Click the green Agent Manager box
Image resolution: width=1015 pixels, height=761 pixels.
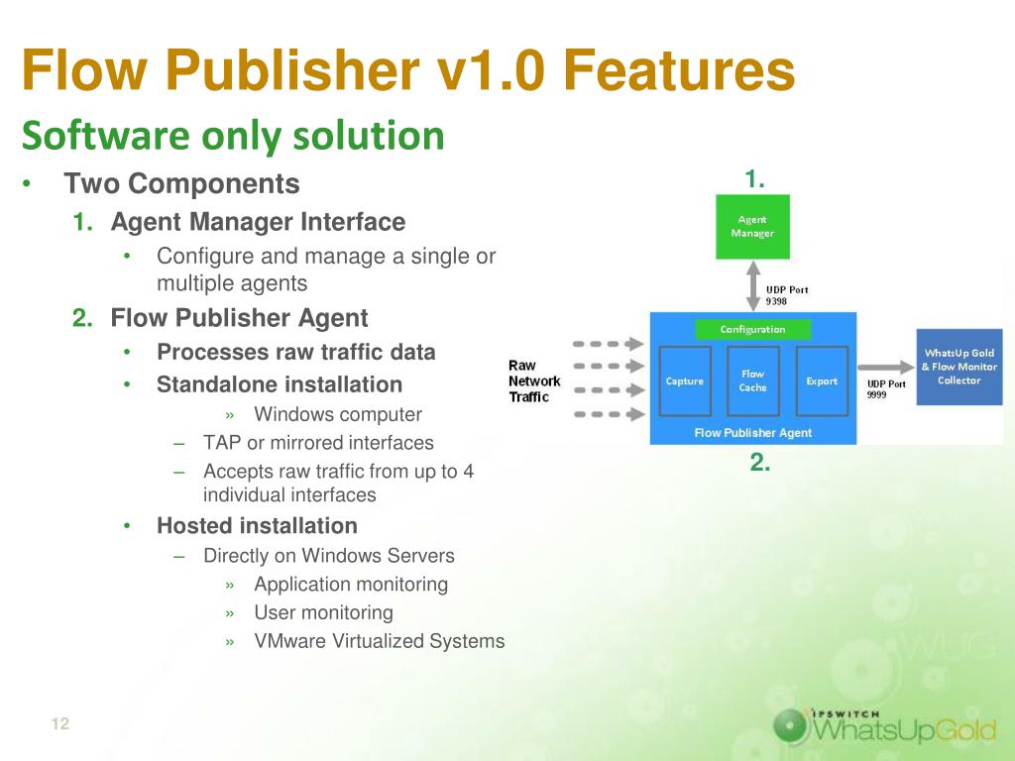click(x=752, y=227)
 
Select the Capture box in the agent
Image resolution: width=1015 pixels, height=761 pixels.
click(x=685, y=380)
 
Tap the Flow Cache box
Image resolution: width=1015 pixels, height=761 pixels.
click(x=753, y=380)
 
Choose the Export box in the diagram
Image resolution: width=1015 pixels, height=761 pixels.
click(x=822, y=380)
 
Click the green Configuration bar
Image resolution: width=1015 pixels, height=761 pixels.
click(x=753, y=329)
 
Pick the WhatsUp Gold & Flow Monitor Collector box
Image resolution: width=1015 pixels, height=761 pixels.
click(x=959, y=367)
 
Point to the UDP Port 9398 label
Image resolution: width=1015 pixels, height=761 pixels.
click(x=786, y=295)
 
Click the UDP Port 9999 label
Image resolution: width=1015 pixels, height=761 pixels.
click(x=885, y=388)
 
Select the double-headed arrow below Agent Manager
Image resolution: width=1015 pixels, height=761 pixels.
click(x=753, y=285)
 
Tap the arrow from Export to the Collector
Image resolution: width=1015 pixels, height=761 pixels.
click(x=885, y=368)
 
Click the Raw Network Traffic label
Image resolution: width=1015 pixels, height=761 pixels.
click(x=534, y=381)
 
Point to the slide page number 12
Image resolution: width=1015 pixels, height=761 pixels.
click(x=60, y=723)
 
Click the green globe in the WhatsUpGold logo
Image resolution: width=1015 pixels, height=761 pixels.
click(x=791, y=725)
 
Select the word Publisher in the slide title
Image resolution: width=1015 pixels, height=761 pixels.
click(x=292, y=70)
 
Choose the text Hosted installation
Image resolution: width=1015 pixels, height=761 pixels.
click(x=257, y=525)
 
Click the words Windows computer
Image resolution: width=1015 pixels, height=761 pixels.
click(x=338, y=414)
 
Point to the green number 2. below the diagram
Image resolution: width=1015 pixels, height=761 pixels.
click(x=760, y=462)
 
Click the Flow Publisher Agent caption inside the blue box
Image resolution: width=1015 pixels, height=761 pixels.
click(x=753, y=432)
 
